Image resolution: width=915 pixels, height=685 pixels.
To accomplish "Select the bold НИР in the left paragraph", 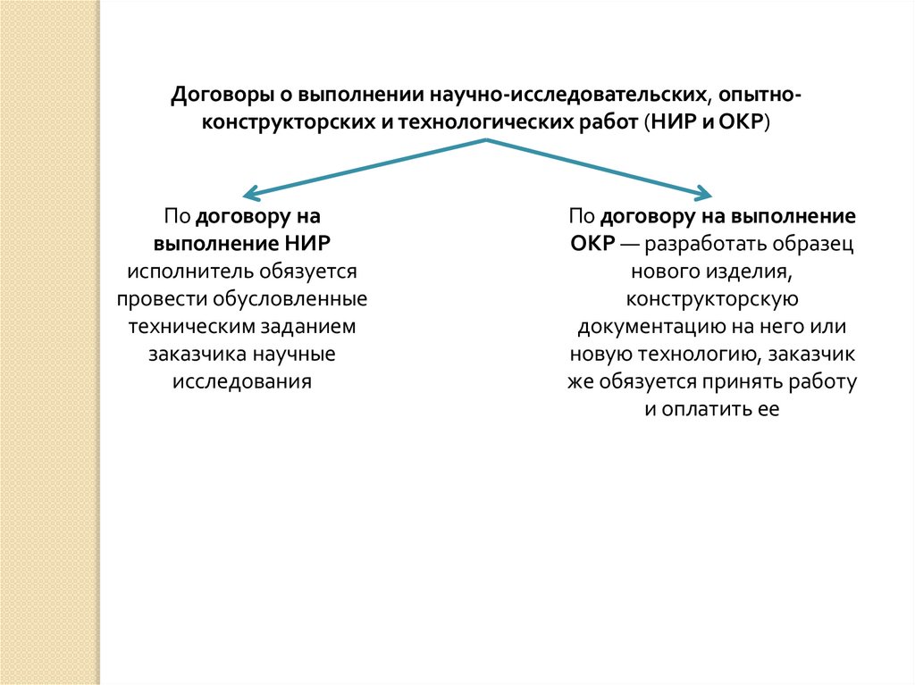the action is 315,244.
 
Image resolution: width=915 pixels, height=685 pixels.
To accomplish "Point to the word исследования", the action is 241,382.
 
